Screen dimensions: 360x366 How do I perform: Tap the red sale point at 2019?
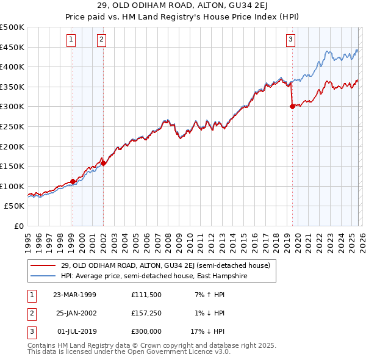coord(292,106)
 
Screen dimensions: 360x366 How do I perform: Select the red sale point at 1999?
coord(73,181)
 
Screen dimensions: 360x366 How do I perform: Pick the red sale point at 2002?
coord(104,163)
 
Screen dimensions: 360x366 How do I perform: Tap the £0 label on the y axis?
coord(18,226)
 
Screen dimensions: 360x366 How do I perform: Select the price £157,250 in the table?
coord(146,313)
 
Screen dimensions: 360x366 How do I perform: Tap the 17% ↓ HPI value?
coord(207,331)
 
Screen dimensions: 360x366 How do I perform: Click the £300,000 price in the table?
coord(146,331)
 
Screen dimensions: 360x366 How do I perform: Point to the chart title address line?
coord(183,7)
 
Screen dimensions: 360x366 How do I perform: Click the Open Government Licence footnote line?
coord(128,352)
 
